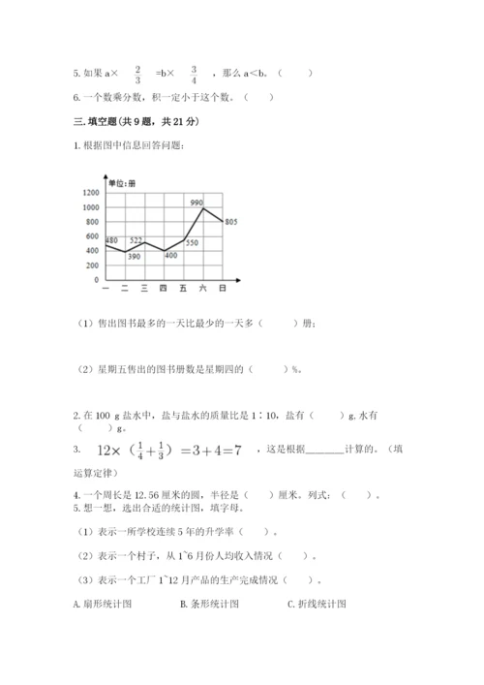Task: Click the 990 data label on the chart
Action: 197,202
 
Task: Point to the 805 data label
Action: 230,222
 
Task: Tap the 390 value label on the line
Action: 134,256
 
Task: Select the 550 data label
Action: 192,242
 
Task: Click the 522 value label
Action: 136,239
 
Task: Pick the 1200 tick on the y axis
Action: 90,193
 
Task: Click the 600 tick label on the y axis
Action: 92,236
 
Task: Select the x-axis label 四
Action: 163,289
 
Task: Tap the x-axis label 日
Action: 223,289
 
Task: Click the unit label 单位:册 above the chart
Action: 122,183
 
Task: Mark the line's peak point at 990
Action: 202,207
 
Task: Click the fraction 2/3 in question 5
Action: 138,74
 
